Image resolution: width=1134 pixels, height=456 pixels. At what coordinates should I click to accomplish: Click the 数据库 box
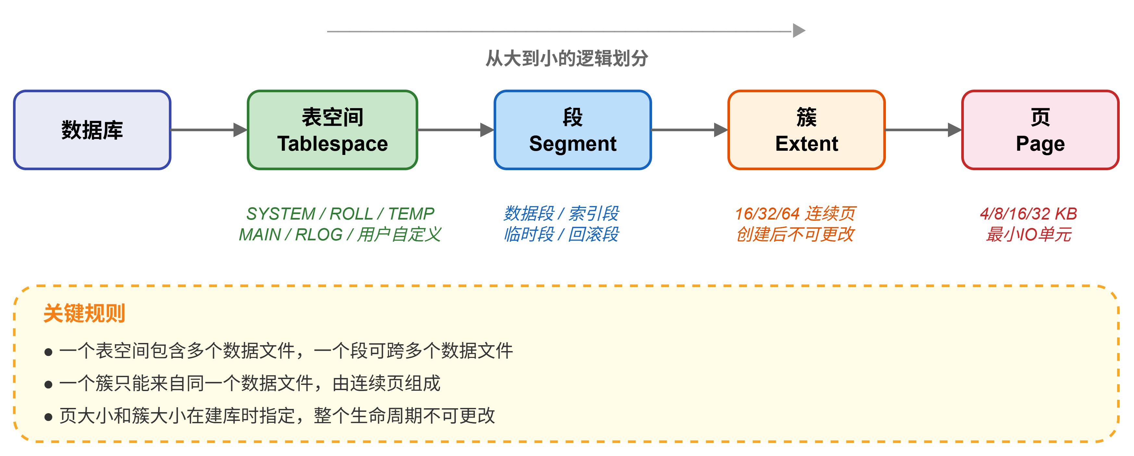click(92, 130)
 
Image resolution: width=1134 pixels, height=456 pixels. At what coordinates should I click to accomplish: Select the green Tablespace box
click(332, 130)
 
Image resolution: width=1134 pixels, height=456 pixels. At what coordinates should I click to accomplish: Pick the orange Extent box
click(806, 130)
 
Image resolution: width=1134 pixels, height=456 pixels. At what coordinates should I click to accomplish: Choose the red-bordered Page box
click(1040, 130)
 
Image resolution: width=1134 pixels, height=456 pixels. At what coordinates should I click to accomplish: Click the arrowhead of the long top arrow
click(799, 31)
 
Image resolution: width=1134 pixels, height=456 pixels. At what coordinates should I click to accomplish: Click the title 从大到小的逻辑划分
click(567, 58)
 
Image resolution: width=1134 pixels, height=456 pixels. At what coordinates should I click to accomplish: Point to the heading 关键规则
click(84, 313)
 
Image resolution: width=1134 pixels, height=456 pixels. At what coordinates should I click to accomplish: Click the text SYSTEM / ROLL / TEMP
click(340, 214)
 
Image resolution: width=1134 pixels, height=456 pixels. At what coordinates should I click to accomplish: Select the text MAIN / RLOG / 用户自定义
click(340, 234)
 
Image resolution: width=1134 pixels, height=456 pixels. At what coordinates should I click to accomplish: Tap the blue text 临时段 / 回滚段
click(561, 234)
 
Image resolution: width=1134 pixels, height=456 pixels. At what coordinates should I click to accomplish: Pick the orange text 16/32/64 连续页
click(795, 214)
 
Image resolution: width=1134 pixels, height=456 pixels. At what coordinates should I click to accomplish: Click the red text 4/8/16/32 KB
click(1028, 214)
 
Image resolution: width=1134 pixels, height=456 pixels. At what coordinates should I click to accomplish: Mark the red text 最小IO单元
click(1028, 234)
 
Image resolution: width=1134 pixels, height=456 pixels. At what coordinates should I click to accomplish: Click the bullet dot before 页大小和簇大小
click(48, 417)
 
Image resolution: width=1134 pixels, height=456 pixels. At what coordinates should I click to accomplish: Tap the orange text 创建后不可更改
click(795, 234)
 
